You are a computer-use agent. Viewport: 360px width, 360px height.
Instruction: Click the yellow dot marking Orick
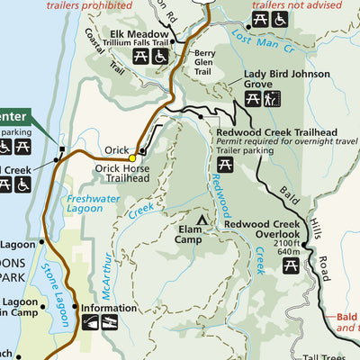tap(132, 157)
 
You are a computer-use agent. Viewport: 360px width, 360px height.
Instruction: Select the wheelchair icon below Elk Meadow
tap(161, 57)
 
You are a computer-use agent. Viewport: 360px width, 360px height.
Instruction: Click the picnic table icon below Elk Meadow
tap(141, 57)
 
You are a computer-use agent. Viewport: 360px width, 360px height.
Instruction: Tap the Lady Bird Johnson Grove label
tap(279, 83)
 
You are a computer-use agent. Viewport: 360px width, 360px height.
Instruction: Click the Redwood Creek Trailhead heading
tap(276, 132)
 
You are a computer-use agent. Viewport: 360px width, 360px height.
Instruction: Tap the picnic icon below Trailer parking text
tap(225, 165)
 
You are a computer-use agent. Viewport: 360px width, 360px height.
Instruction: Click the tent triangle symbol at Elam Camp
tap(203, 219)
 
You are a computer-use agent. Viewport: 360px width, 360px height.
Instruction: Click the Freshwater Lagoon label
tap(90, 203)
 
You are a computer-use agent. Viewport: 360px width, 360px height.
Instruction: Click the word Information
tap(109, 307)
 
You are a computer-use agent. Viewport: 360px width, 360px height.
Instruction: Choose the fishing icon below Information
tap(110, 322)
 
